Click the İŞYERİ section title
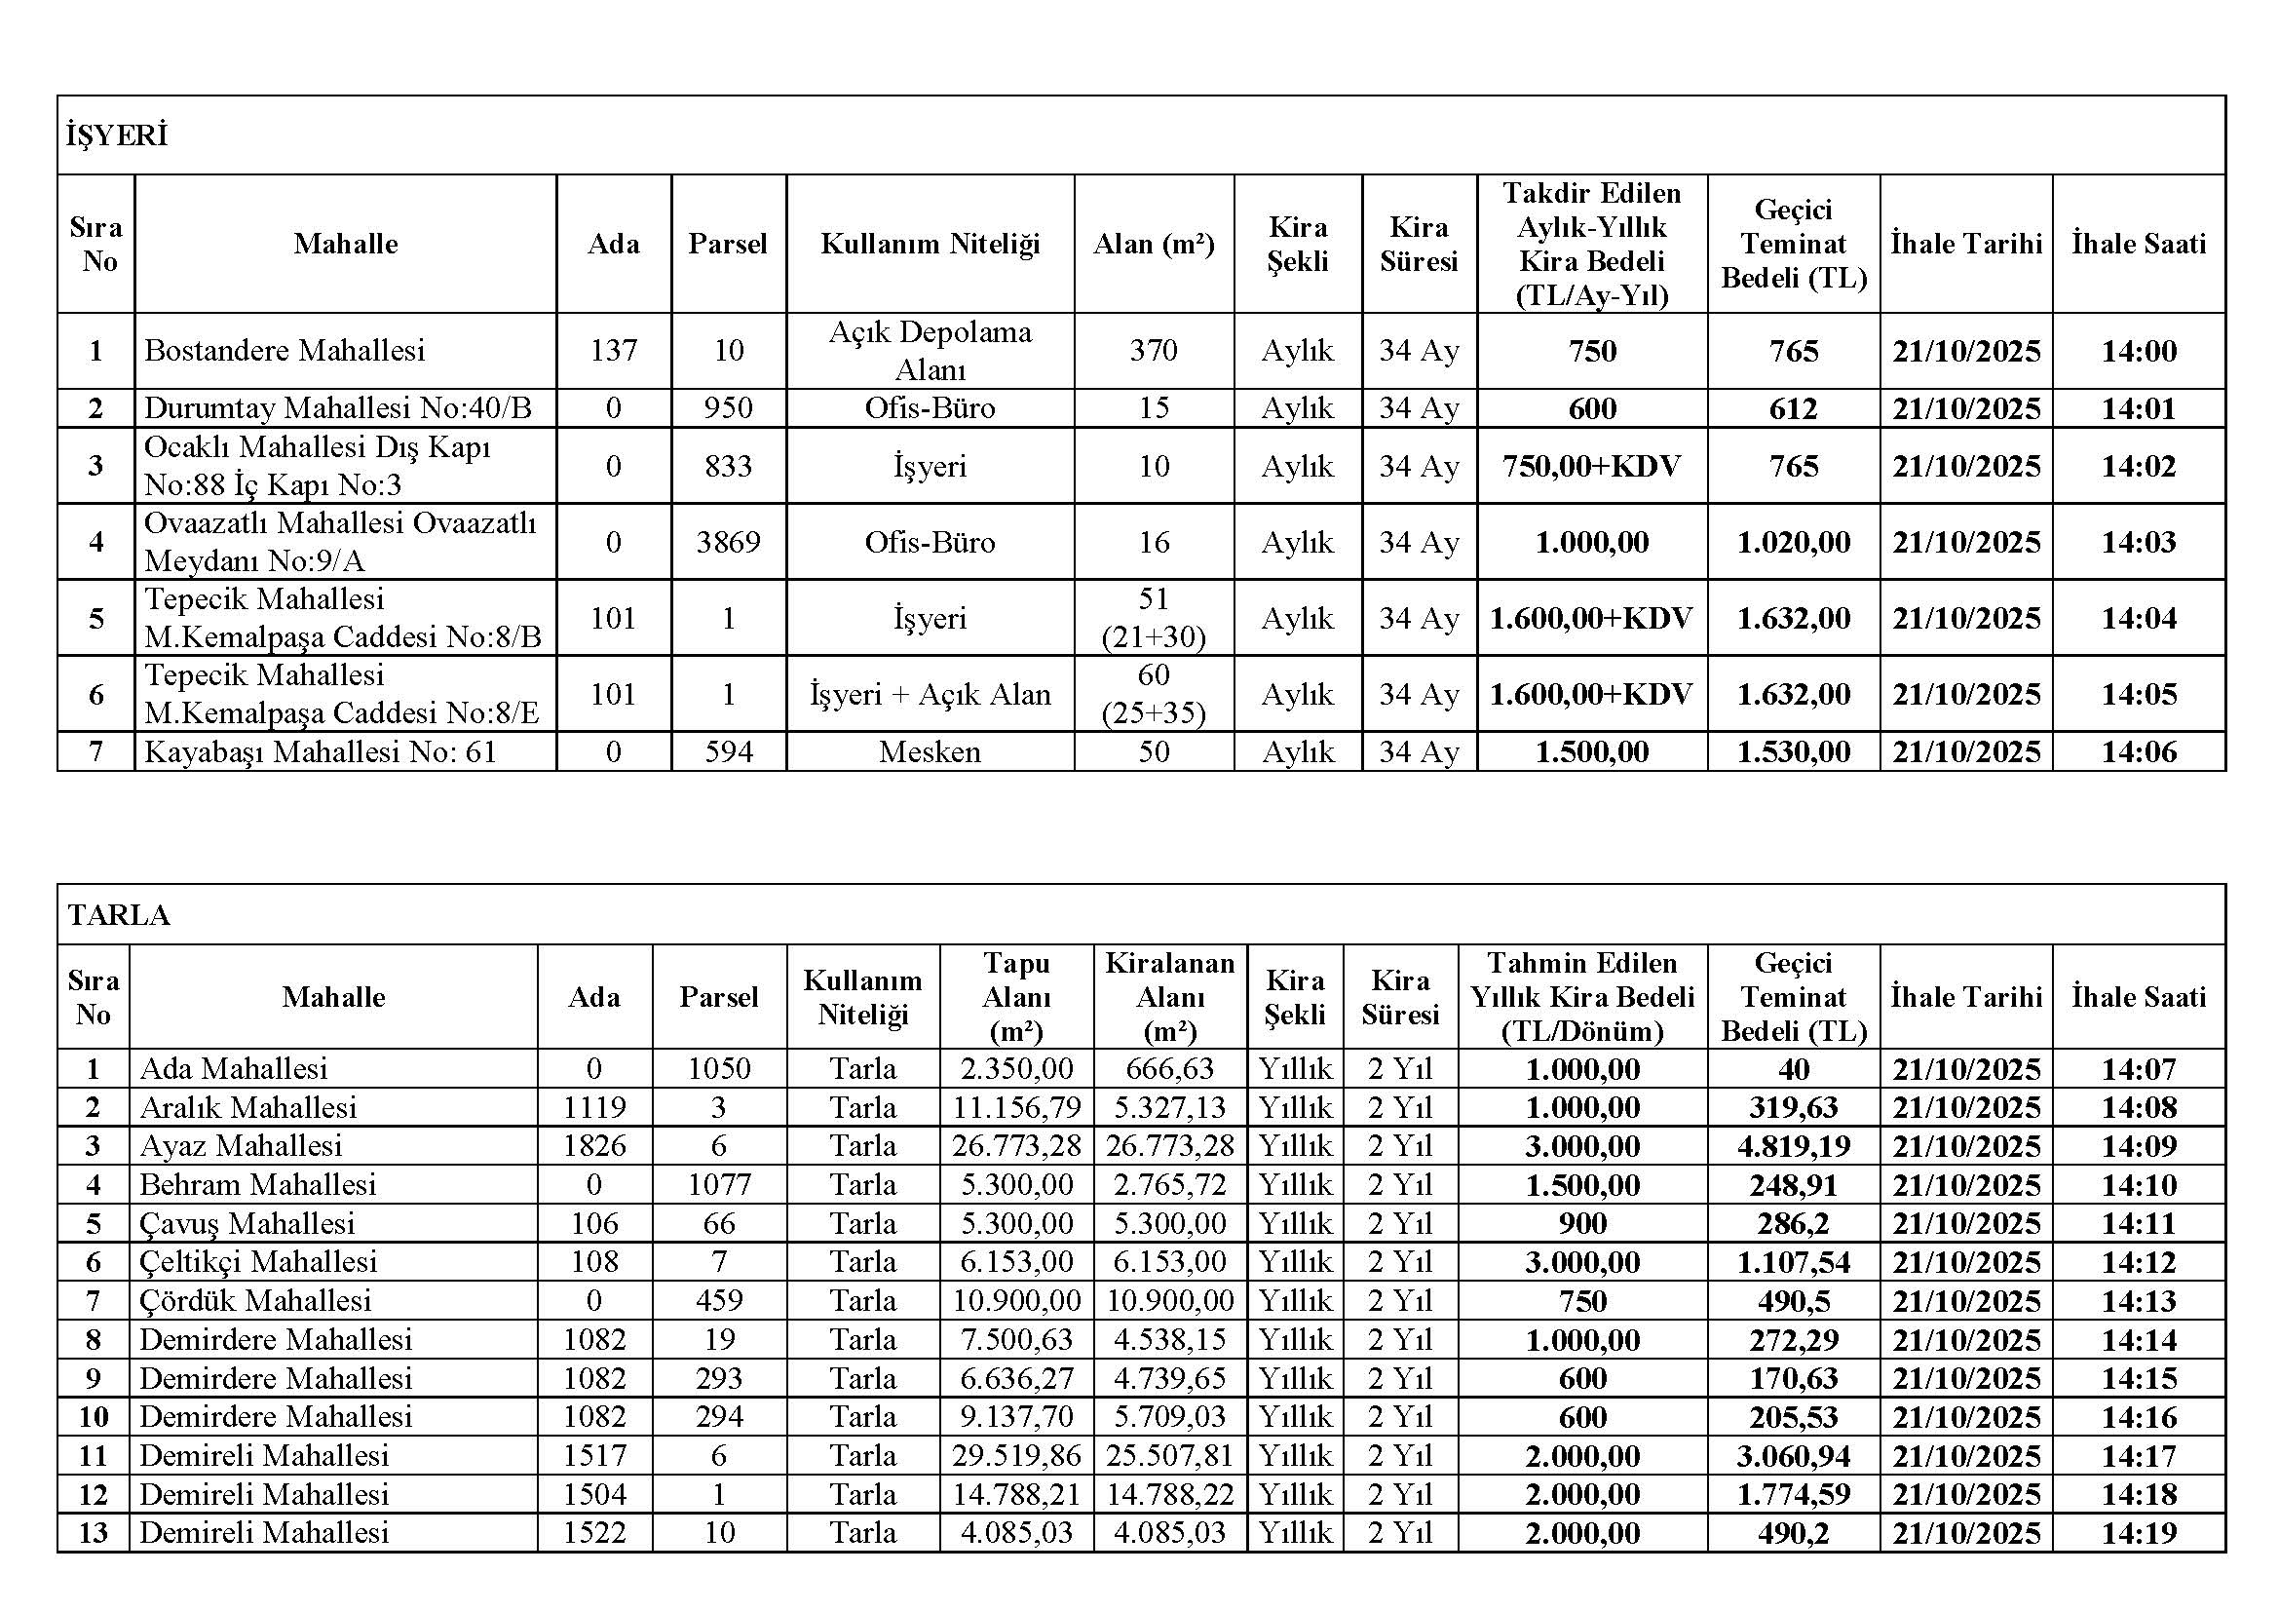[117, 135]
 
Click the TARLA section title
[119, 914]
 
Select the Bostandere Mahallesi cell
[284, 351]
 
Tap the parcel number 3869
[728, 542]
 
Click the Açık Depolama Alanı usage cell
[931, 351]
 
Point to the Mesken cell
[931, 751]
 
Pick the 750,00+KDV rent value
[1591, 466]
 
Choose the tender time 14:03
[2138, 542]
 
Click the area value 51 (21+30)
[1154, 617]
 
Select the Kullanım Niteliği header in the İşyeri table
[931, 245]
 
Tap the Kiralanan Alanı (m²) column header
[1169, 997]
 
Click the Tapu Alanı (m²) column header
[1016, 997]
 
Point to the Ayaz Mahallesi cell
[242, 1145]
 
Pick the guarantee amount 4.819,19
[1794, 1145]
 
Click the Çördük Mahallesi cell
[255, 1300]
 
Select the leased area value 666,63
[1169, 1069]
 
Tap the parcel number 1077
[719, 1184]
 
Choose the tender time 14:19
[2138, 1533]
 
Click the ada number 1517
[594, 1455]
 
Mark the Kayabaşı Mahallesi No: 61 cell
[320, 751]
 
